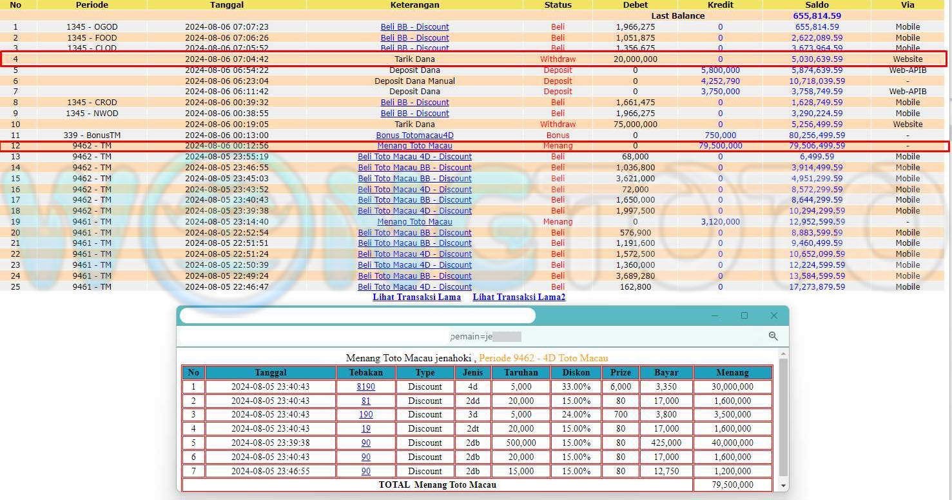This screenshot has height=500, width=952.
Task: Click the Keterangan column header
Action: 414,5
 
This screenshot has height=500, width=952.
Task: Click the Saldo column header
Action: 817,5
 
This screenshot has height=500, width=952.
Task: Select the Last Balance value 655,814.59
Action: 817,16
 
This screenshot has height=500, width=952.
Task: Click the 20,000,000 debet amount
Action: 635,59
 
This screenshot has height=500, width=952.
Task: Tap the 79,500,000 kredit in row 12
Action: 720,146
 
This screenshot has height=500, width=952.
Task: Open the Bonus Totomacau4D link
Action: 414,135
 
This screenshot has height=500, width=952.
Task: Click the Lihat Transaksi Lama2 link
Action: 519,297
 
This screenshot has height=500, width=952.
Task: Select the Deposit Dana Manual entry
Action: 414,81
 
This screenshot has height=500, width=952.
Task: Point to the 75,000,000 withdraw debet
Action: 635,125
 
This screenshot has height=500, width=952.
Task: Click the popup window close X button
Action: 774,315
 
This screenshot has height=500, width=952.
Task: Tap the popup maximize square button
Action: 744,315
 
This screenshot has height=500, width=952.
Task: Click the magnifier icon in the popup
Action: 773,336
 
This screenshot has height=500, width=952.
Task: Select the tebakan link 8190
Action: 365,387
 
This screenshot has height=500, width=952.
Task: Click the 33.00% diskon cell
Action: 576,387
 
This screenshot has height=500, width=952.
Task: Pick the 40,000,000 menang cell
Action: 733,443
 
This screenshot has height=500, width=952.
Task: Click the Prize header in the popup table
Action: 621,372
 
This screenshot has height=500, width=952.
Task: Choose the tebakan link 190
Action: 365,415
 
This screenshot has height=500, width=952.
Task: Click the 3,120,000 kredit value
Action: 720,222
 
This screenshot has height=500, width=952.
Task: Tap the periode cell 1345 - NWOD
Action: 92,114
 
